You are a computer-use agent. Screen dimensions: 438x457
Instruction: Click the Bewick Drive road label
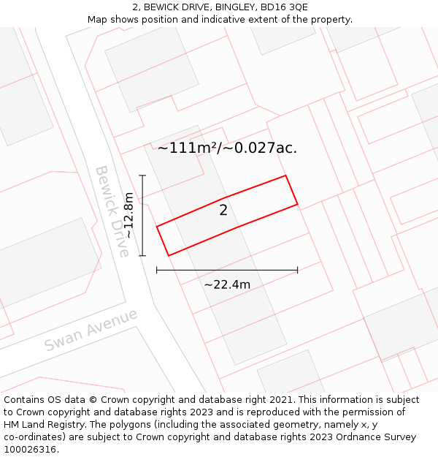coord(112,211)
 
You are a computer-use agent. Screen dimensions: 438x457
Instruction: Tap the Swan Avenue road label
coord(91,330)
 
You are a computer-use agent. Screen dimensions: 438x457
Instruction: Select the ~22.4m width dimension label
coord(227,284)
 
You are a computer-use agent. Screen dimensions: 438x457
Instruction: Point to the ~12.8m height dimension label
coord(128,215)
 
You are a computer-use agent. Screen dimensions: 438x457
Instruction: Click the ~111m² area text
coord(188,148)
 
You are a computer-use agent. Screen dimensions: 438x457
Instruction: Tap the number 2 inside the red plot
coord(223,211)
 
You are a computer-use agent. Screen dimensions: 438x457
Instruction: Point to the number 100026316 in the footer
coord(31,450)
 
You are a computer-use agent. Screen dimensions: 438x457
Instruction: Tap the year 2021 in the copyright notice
coord(280,400)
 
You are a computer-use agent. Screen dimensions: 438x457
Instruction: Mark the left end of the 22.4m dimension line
coord(157,271)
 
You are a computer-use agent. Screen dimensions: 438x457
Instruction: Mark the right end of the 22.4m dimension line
coord(298,271)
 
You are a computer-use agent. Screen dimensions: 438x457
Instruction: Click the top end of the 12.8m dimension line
coord(142,175)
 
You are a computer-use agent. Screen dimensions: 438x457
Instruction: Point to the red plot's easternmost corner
coord(298,204)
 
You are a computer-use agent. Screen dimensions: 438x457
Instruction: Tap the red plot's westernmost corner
coord(157,227)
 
